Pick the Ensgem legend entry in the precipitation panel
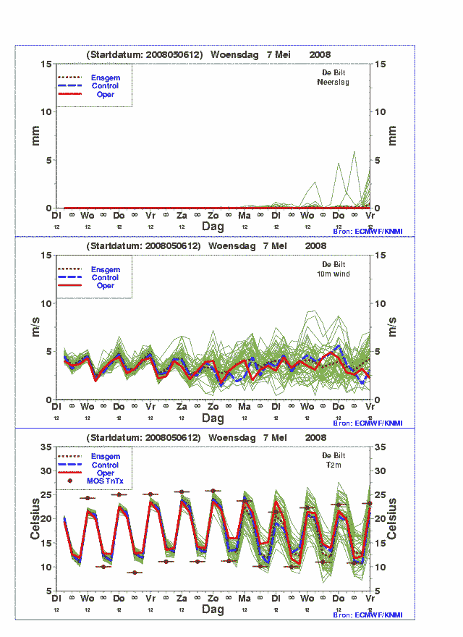pyautogui.click(x=106, y=77)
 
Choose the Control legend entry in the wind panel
pyautogui.click(x=106, y=277)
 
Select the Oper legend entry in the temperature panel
pyautogui.click(x=106, y=473)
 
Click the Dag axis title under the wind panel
pyautogui.click(x=213, y=418)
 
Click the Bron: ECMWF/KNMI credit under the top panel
pyautogui.click(x=368, y=232)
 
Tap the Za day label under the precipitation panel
pyautogui.click(x=182, y=216)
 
